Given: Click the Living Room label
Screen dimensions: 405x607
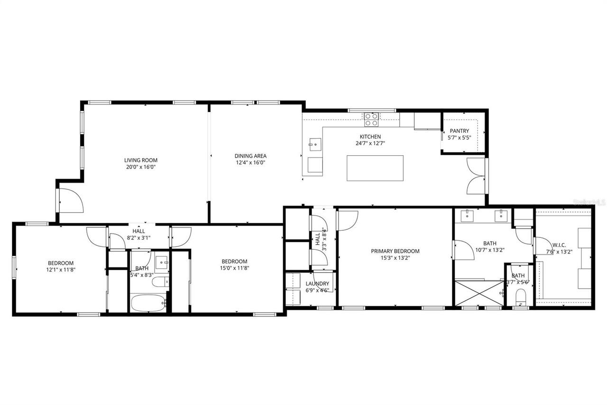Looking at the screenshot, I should (140, 160).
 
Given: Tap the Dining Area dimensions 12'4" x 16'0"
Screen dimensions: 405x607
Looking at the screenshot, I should (250, 162).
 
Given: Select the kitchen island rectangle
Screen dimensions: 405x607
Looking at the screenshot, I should (375, 168).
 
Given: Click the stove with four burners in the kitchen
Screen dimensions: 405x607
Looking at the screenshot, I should (371, 119).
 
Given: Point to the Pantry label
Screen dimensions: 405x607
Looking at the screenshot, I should (459, 131).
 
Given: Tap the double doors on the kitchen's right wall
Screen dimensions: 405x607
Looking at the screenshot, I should (476, 176).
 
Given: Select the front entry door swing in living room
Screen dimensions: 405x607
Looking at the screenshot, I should (70, 200).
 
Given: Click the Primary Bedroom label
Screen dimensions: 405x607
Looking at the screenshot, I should (395, 251).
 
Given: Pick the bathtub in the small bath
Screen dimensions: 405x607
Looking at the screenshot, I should (148, 302).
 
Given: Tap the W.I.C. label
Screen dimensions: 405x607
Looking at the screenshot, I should (559, 245).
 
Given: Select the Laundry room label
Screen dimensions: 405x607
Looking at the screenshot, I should (317, 283).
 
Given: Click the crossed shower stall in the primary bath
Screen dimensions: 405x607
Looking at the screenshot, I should (478, 292).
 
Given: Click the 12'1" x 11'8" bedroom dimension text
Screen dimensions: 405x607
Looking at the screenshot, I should (61, 269).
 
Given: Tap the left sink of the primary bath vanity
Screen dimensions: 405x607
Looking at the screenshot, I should (469, 216).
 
